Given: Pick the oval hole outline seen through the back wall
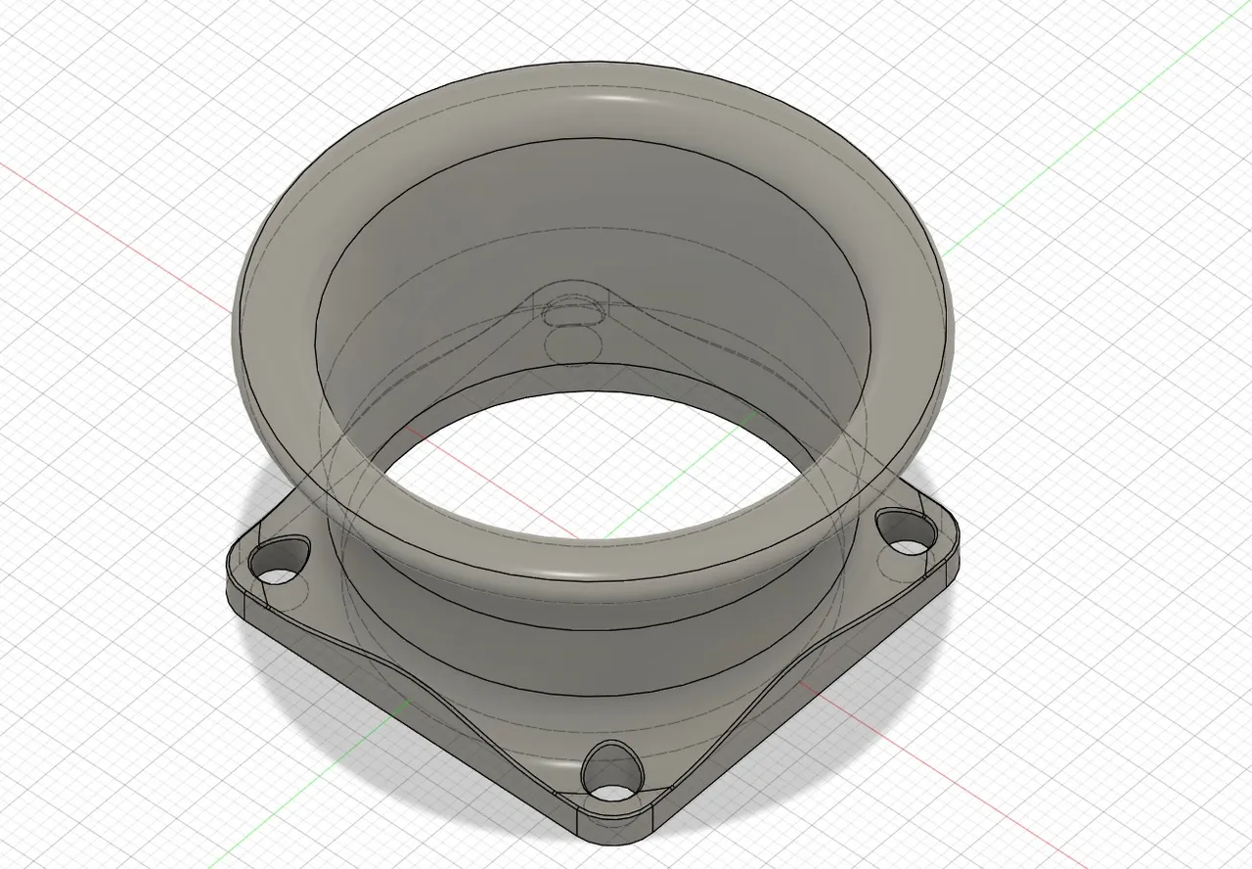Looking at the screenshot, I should pos(572,316).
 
